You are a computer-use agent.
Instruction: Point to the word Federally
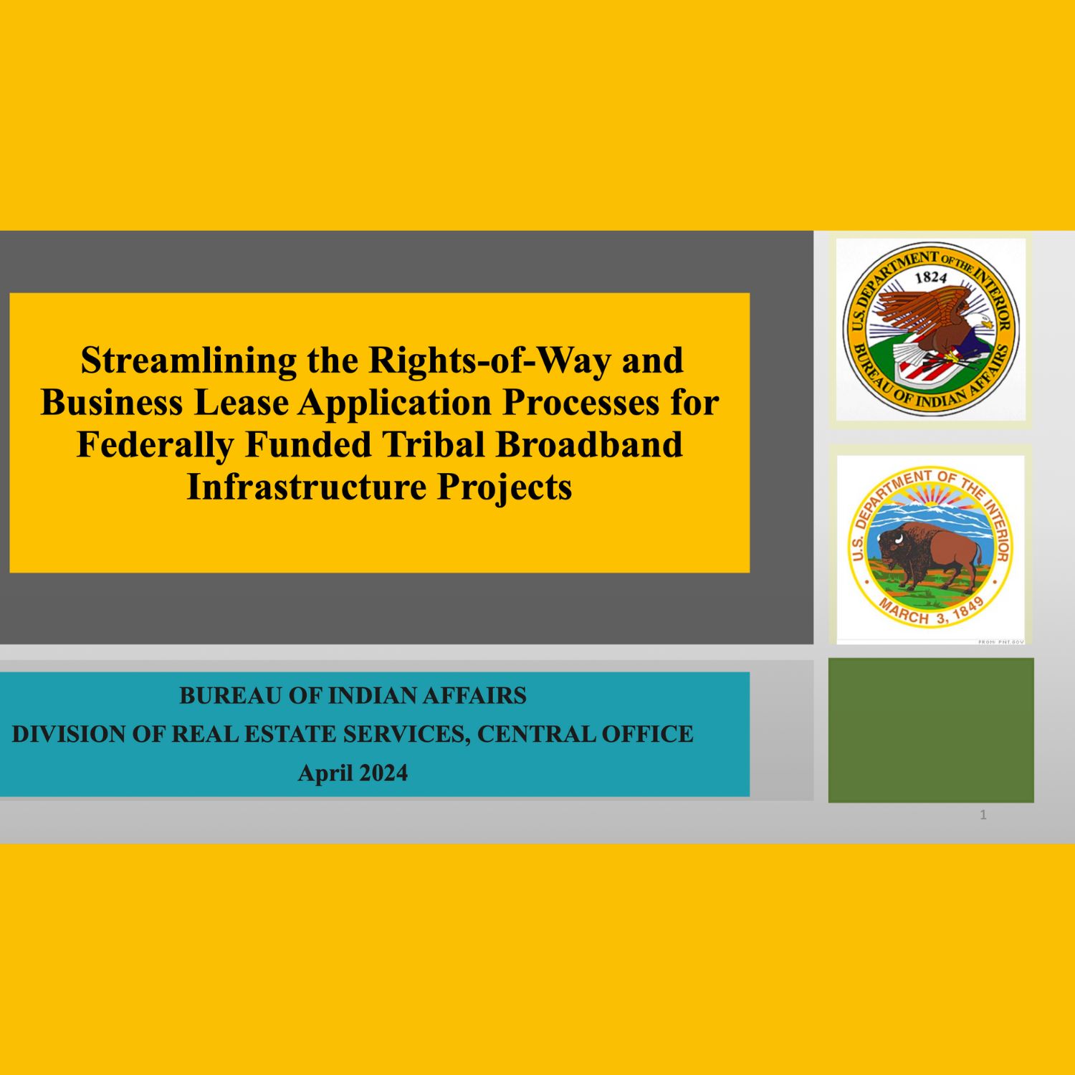pyautogui.click(x=154, y=444)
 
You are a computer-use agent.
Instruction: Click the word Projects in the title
pyautogui.click(x=505, y=488)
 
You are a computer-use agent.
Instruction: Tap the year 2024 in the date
pyautogui.click(x=383, y=773)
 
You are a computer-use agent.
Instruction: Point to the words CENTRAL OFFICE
pyautogui.click(x=585, y=735)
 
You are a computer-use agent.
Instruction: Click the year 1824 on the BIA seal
pyautogui.click(x=931, y=278)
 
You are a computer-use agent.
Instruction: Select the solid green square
pyautogui.click(x=931, y=730)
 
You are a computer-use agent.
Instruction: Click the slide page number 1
pyautogui.click(x=983, y=815)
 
